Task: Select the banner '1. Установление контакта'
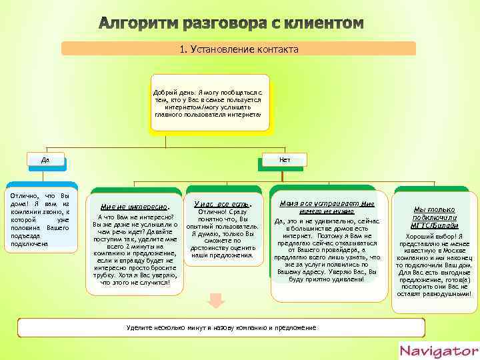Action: coord(239,49)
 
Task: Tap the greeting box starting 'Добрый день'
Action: coord(209,101)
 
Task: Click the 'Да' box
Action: coord(45,160)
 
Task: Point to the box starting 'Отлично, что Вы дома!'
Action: coord(41,219)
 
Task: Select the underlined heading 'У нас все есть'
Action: coord(223,203)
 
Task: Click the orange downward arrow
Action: coord(215,301)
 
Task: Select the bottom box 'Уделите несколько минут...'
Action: coord(221,327)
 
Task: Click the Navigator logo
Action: coord(438,351)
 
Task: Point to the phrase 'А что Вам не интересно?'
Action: coord(135,217)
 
